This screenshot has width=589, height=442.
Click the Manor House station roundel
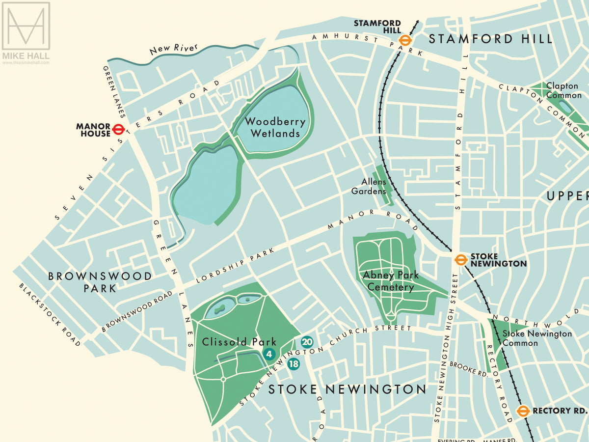click(x=118, y=129)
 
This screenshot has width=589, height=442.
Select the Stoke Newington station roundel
click(x=460, y=260)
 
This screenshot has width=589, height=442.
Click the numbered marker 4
click(x=268, y=354)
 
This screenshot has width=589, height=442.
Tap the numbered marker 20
click(x=307, y=342)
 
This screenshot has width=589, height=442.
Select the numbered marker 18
click(x=294, y=363)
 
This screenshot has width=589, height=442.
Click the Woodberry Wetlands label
click(x=275, y=127)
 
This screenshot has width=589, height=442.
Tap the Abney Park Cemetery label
click(x=391, y=281)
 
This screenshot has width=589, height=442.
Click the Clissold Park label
click(x=239, y=342)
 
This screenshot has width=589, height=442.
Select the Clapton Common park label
click(x=563, y=90)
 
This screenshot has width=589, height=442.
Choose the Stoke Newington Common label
click(x=537, y=338)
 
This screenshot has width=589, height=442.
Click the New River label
click(x=173, y=49)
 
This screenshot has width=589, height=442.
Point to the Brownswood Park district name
click(x=100, y=282)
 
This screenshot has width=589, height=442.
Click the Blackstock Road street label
click(x=50, y=315)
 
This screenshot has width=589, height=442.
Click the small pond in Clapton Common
click(x=565, y=106)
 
